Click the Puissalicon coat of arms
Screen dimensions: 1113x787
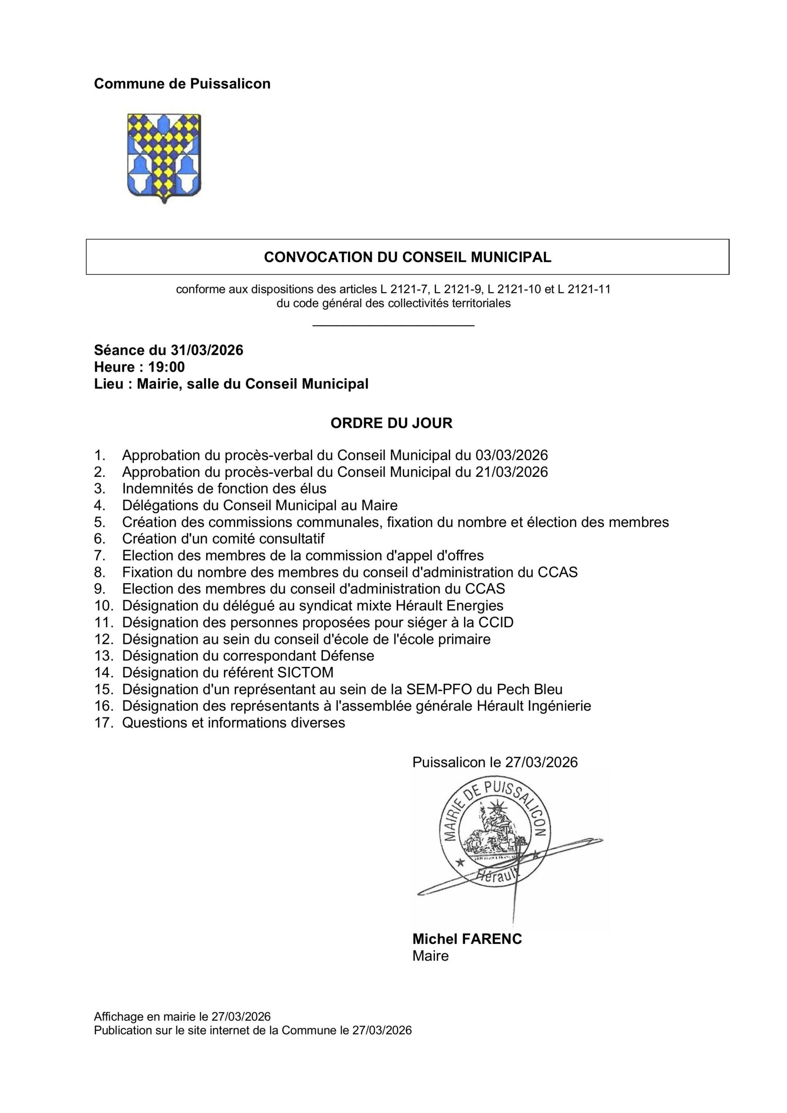(164, 157)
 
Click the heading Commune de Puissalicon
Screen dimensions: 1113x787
(182, 84)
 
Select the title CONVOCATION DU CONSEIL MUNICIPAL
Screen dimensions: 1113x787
(407, 257)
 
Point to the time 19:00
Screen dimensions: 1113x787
(166, 367)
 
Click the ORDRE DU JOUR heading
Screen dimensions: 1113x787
(391, 423)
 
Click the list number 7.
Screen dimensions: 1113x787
(100, 556)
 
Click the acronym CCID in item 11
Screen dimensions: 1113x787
(495, 623)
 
